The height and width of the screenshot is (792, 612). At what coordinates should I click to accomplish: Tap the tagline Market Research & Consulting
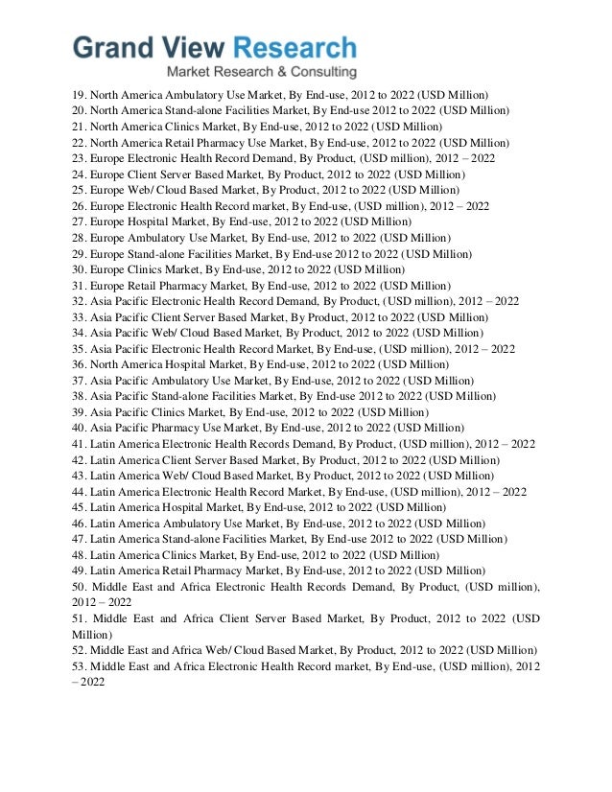click(261, 73)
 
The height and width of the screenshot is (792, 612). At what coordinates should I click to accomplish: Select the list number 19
click(80, 95)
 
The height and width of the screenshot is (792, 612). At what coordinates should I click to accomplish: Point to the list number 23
click(80, 158)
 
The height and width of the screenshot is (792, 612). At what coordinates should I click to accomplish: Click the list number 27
click(80, 221)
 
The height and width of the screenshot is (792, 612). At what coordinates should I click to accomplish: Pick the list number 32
click(80, 301)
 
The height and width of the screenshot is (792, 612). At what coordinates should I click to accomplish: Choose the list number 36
click(80, 364)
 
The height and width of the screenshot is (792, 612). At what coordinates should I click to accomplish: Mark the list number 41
click(80, 444)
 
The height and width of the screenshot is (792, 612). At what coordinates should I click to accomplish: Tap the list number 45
click(80, 507)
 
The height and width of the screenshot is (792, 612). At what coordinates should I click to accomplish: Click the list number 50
click(80, 587)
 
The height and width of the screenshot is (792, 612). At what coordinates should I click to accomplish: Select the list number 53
click(80, 666)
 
